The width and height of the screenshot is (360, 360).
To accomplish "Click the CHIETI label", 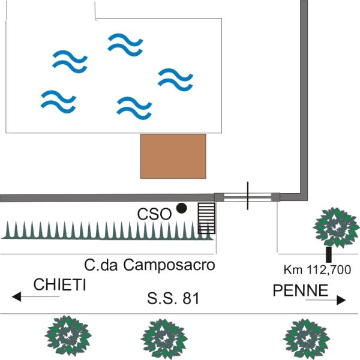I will tap(59, 285).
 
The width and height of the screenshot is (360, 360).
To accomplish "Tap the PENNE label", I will tap(301, 291).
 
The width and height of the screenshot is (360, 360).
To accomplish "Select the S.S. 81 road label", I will tap(173, 298).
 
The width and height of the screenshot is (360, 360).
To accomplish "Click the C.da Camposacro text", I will tap(149, 264).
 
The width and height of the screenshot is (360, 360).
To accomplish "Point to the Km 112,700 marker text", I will tap(317, 270).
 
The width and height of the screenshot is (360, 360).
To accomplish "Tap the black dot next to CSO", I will tap(181, 209).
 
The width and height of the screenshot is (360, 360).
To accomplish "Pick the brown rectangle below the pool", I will tap(173, 156).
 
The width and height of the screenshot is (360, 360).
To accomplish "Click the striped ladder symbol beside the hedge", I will tap(206, 218).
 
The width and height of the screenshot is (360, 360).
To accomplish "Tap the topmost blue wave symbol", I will tap(125, 43).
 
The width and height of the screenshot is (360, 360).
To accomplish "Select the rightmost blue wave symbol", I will tap(175, 79).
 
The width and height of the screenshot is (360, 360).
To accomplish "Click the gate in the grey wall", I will tap(247, 196).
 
